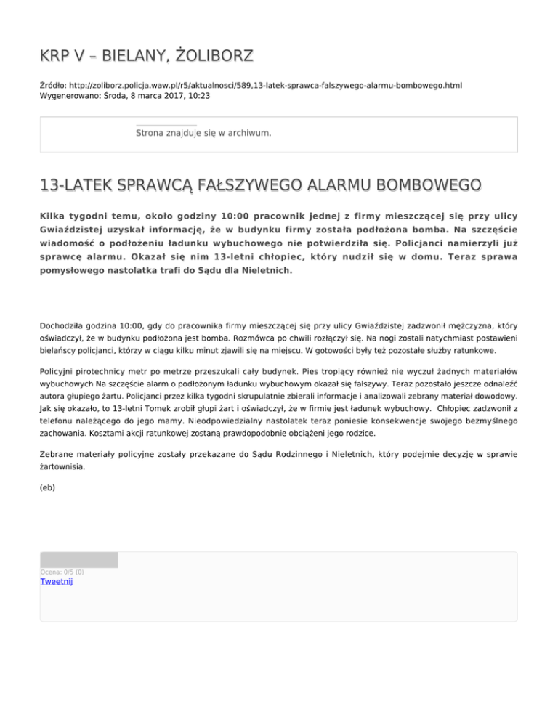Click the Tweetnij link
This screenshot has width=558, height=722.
click(56, 581)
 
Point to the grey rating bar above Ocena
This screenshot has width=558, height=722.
click(78, 559)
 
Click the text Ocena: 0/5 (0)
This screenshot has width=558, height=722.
click(62, 572)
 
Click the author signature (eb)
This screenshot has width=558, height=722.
click(47, 489)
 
